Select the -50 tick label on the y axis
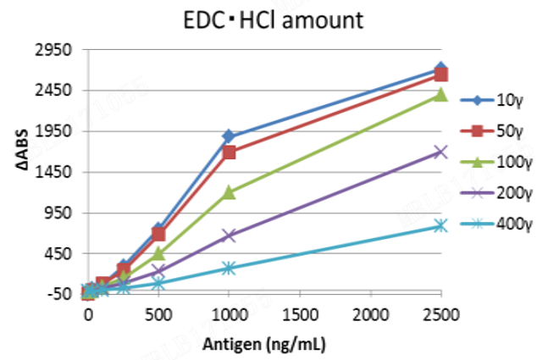click(x=60, y=294)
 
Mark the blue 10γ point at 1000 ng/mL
click(x=229, y=136)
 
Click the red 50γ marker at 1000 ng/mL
click(x=229, y=152)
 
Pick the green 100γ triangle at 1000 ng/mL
click(x=229, y=193)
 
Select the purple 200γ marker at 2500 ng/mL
click(x=440, y=152)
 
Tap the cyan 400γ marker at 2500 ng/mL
click(x=440, y=225)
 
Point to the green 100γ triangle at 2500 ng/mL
click(x=440, y=94)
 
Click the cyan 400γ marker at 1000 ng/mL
click(x=229, y=268)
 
